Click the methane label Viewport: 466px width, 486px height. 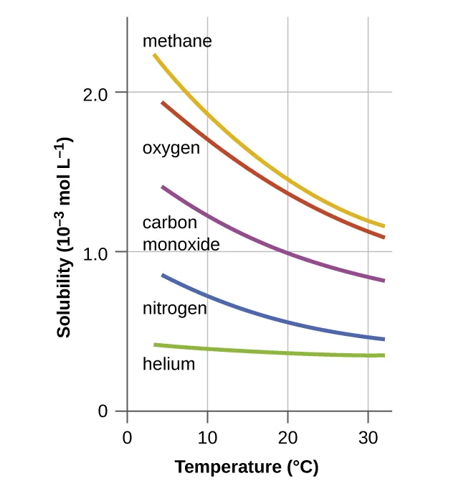pyautogui.click(x=177, y=41)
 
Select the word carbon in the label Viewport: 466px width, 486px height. pyautogui.click(x=169, y=223)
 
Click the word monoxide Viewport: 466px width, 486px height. pyautogui.click(x=181, y=244)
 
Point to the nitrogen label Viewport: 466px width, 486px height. pyautogui.click(x=174, y=309)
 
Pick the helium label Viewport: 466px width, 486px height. pyautogui.click(x=168, y=364)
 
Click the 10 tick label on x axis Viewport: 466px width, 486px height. pyautogui.click(x=207, y=437)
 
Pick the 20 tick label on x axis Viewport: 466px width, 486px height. pyautogui.click(x=287, y=437)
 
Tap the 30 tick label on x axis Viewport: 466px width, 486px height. pyautogui.click(x=368, y=437)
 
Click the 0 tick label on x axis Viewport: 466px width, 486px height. pyautogui.click(x=127, y=437)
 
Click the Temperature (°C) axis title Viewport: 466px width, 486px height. pyautogui.click(x=246, y=467)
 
